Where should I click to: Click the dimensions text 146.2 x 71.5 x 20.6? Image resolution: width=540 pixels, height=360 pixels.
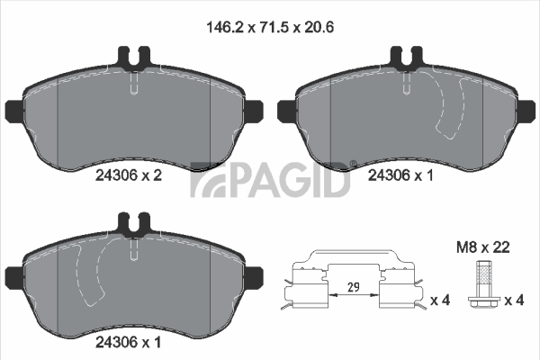coord(270,27)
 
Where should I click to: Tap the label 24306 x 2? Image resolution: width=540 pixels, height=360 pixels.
coord(129,175)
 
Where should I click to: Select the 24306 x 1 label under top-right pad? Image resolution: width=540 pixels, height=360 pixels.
coord(400,175)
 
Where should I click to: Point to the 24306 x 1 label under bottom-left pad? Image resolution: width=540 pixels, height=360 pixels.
coord(128,342)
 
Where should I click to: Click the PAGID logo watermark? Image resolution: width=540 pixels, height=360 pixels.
coord(270,179)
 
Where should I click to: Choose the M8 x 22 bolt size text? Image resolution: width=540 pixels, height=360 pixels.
coord(482,247)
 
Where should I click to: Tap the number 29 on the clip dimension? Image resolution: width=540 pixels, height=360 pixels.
coord(354,286)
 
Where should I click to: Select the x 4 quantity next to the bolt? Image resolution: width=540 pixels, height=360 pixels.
coord(514,301)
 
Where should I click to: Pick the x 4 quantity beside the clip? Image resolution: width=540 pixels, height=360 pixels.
coord(440,301)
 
